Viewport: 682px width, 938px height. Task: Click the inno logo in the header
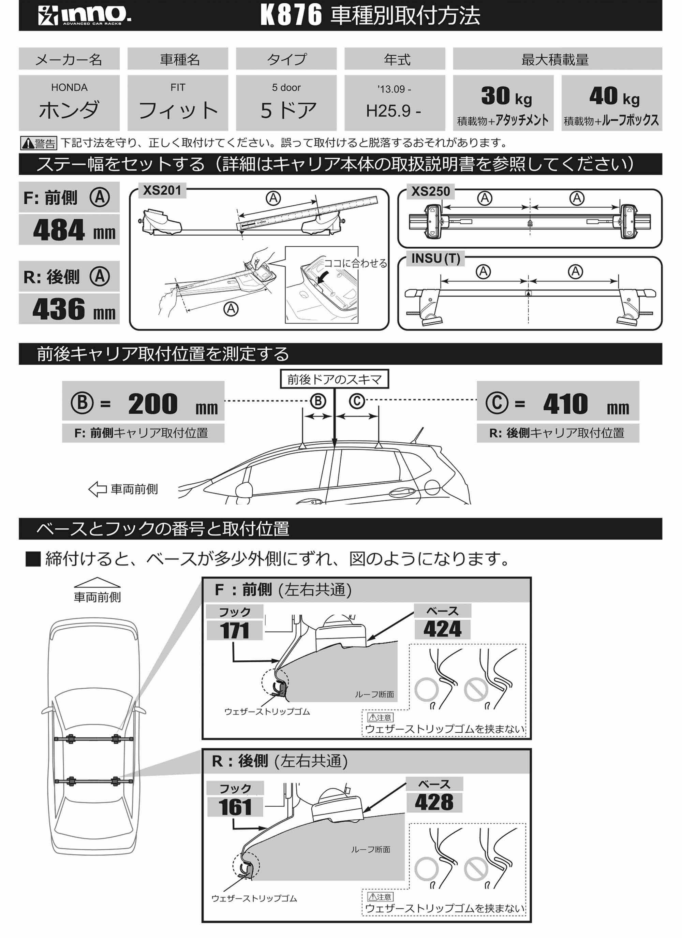[x=85, y=16]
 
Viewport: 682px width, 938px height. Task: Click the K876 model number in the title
[x=291, y=16]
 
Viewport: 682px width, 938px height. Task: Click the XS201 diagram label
[x=162, y=191]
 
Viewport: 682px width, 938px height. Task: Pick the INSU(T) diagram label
[x=435, y=259]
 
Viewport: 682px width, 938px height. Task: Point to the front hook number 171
[x=235, y=631]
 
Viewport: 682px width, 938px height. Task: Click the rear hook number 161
[x=235, y=807]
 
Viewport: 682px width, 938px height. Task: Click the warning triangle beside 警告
[x=28, y=144]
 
